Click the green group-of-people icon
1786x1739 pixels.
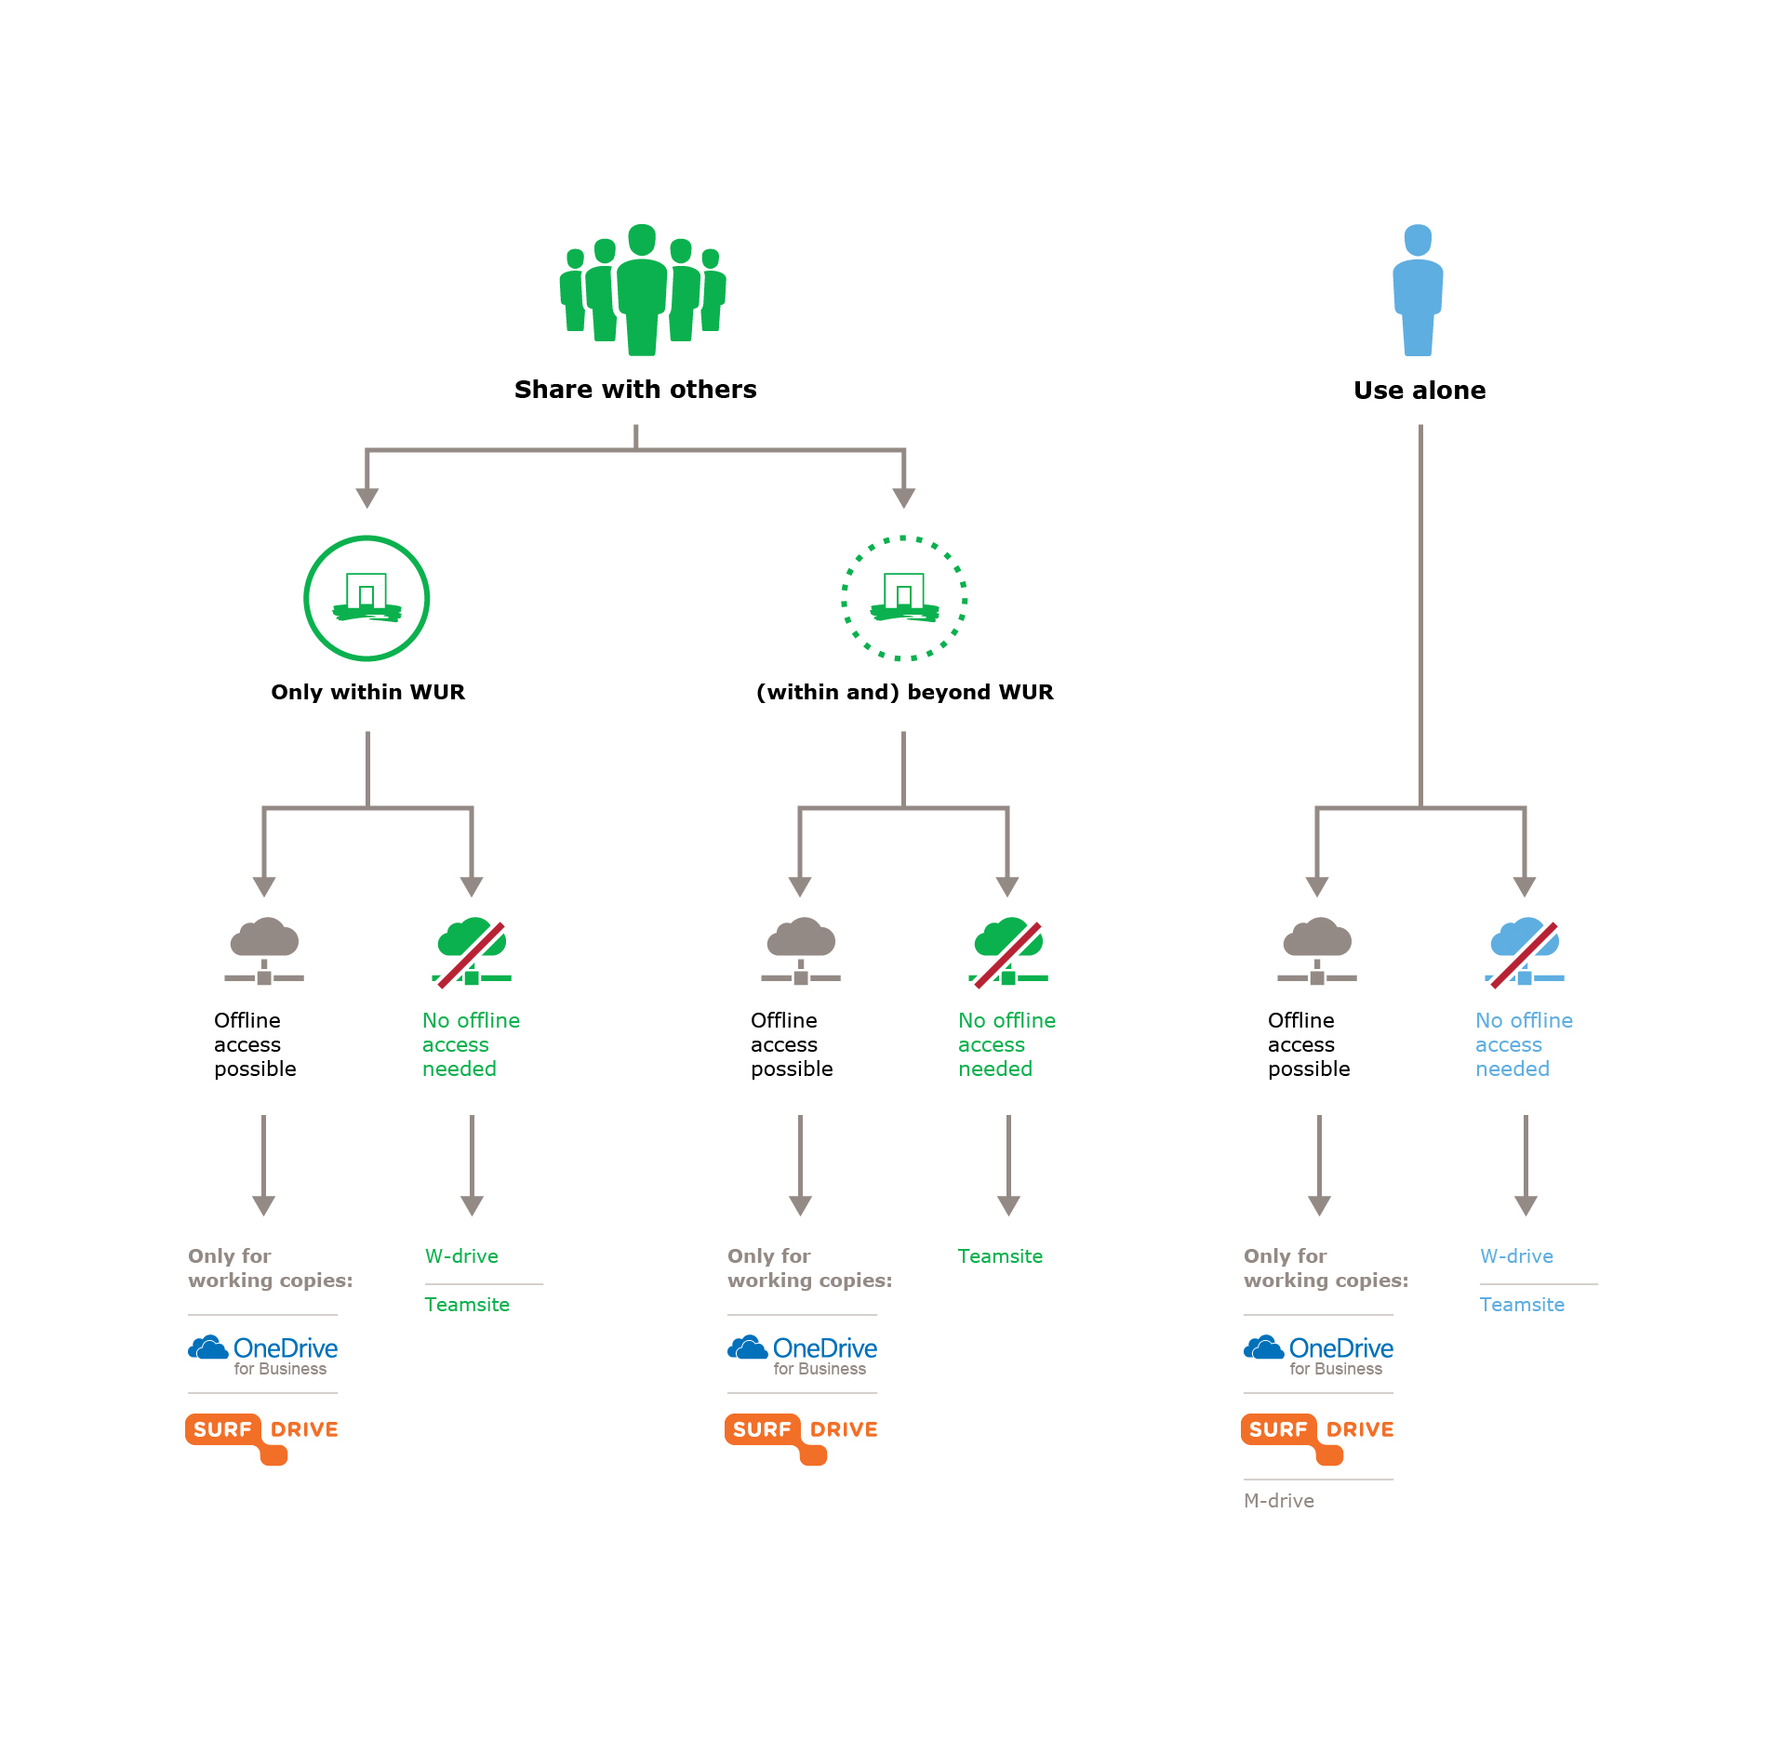point(642,289)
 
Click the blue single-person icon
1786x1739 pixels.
point(1418,289)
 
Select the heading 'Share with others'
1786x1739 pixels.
point(635,389)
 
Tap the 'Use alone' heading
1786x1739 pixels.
point(1419,391)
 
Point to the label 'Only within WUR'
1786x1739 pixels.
point(367,692)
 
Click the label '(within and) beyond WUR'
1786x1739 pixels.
point(904,692)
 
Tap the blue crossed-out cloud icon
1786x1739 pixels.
point(1524,953)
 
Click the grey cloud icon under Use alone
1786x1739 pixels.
point(1317,951)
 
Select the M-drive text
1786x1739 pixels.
point(1279,1501)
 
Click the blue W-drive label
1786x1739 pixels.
point(1516,1256)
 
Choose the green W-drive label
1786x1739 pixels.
point(461,1256)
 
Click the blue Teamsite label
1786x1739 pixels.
point(1522,1305)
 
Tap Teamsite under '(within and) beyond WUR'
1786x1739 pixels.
point(1000,1256)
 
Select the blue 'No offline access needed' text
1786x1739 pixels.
point(1524,1044)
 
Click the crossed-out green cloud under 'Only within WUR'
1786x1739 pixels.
point(472,953)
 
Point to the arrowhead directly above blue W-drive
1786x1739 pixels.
point(1526,1205)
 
